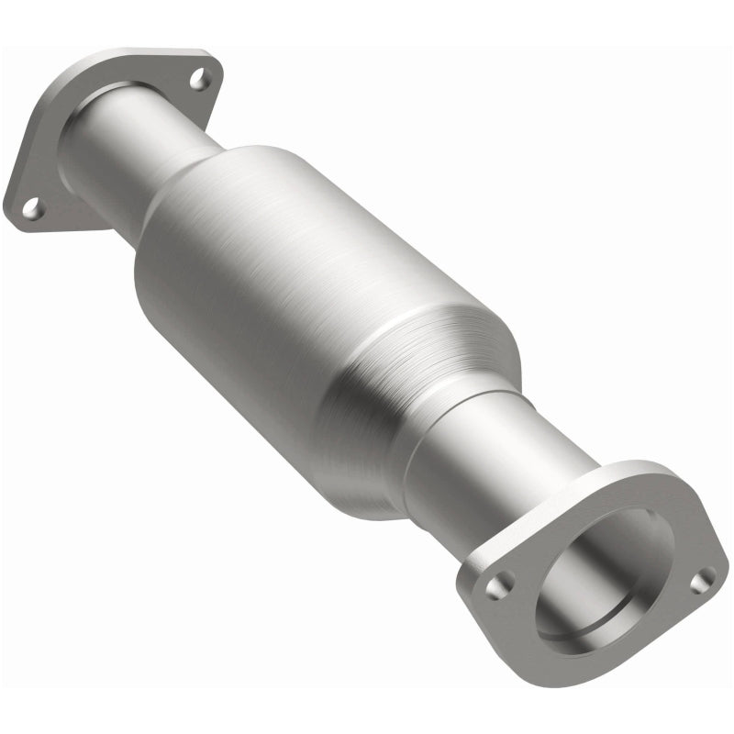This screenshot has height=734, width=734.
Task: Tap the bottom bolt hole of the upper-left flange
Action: coord(31,208)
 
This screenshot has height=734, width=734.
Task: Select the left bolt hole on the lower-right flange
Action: coord(498,584)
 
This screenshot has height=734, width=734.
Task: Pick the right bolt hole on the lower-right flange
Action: coord(702,580)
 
